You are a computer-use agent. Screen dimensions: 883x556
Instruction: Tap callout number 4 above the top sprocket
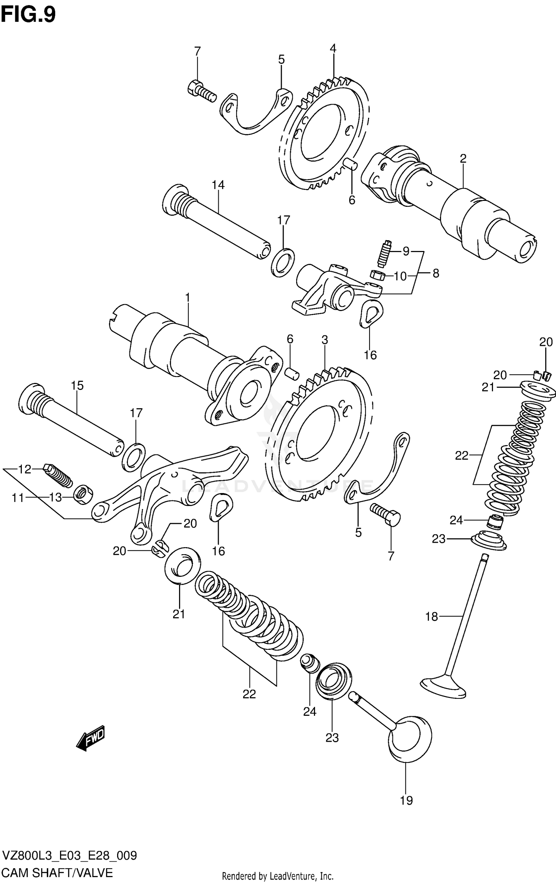coord(332,49)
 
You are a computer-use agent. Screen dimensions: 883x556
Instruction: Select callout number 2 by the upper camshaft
coord(463,159)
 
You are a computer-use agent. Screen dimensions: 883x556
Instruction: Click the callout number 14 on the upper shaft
coord(218,185)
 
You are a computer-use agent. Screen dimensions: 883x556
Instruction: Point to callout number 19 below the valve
coord(406,800)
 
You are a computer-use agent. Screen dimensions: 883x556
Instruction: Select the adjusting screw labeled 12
coord(58,476)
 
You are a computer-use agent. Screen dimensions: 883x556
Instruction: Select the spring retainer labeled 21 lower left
coord(182,565)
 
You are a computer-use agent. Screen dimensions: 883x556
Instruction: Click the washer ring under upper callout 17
coord(283,262)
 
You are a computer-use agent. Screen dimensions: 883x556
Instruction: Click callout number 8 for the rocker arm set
coord(436,274)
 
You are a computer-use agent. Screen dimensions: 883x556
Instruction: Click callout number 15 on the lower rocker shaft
coord(77,386)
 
